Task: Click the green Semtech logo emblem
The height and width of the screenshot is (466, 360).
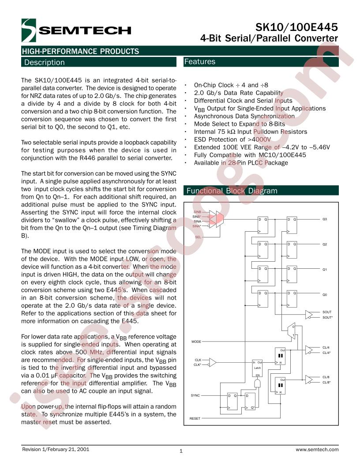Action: click(29, 30)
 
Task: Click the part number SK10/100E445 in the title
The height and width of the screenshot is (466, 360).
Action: click(296, 27)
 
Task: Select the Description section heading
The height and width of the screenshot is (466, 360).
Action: click(45, 62)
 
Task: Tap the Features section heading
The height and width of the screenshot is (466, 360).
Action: click(199, 61)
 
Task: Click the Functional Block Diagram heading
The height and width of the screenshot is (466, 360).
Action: click(232, 191)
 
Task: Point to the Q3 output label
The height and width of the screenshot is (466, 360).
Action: click(325, 219)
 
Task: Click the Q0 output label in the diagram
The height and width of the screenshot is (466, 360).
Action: click(325, 295)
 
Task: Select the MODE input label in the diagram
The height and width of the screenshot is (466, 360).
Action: click(196, 342)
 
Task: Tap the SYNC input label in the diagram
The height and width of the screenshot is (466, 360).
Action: click(195, 395)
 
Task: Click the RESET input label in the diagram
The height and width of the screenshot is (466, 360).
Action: click(195, 418)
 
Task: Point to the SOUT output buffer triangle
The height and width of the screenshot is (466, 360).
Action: click(309, 315)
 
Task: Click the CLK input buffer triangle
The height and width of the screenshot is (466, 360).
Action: click(213, 362)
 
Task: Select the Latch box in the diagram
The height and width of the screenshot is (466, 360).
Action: click(257, 368)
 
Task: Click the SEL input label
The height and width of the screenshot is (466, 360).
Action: click(198, 237)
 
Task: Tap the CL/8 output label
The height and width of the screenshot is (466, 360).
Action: click(326, 377)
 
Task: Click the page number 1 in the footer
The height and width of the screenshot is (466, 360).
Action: click(181, 451)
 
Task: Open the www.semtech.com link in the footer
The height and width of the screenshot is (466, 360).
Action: click(317, 450)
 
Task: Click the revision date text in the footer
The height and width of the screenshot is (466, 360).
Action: click(56, 449)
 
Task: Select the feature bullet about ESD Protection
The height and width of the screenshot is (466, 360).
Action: click(232, 139)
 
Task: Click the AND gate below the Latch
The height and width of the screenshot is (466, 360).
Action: click(257, 383)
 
